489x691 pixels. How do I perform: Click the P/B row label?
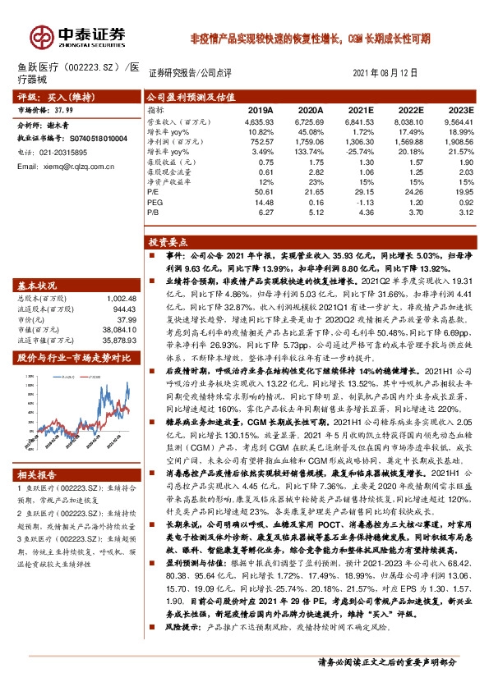[154, 213]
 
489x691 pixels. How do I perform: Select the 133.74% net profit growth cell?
[307, 155]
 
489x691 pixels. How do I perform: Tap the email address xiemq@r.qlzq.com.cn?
[61, 167]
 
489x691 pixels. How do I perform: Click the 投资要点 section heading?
[169, 243]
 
